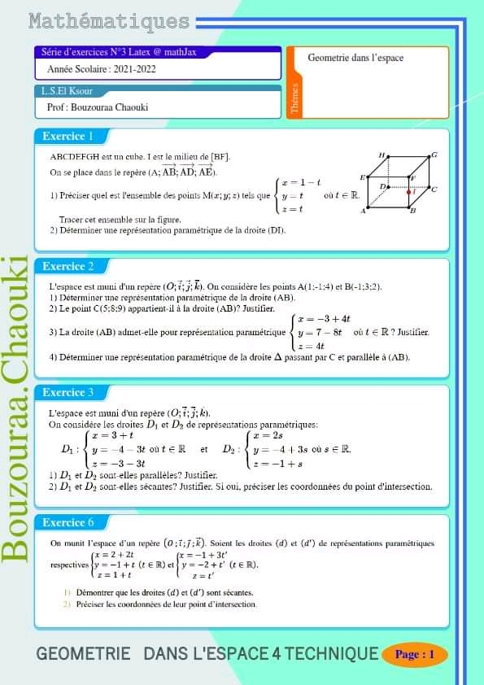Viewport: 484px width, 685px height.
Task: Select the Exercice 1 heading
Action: coord(68,136)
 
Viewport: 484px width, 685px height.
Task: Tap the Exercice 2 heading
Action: coord(68,266)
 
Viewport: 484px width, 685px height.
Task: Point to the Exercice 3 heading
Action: coord(68,392)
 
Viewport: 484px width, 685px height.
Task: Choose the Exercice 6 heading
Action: coord(68,522)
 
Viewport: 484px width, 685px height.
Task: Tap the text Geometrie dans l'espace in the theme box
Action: coord(355,58)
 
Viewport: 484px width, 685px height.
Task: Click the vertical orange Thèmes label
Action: coord(294,98)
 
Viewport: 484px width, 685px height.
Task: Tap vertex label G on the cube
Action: coord(434,154)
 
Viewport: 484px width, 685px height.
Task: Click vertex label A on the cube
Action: coord(364,211)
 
